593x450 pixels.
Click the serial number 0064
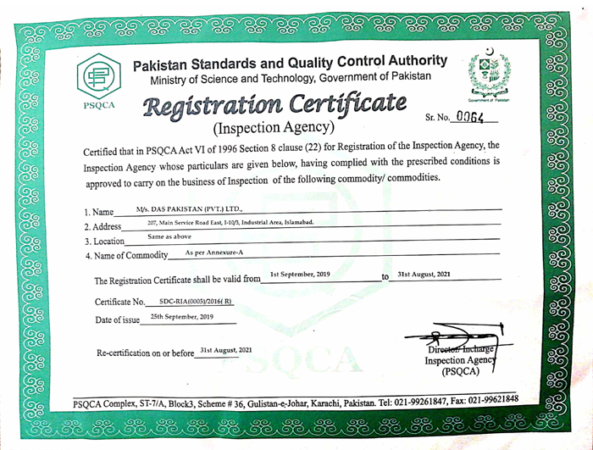pyautogui.click(x=468, y=119)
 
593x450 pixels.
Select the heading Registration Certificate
pyautogui.click(x=271, y=108)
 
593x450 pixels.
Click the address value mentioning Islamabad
pyautogui.click(x=230, y=222)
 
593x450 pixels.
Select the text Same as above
pyautogui.click(x=169, y=237)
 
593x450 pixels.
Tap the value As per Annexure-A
pyautogui.click(x=213, y=253)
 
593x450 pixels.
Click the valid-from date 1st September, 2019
pyautogui.click(x=300, y=275)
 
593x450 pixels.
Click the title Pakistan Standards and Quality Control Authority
pyautogui.click(x=291, y=63)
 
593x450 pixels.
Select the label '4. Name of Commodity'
pyautogui.click(x=126, y=256)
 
